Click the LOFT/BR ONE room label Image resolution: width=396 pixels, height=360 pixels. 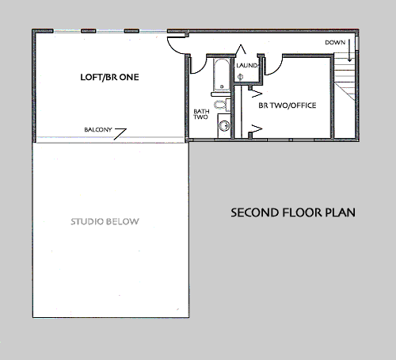point(109,77)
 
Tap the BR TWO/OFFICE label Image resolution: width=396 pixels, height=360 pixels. point(287,105)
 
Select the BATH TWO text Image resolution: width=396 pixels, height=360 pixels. point(201,114)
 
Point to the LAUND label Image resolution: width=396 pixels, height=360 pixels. point(247,65)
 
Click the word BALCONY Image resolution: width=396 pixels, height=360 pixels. point(98,130)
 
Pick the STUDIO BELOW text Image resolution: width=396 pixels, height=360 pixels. point(105,221)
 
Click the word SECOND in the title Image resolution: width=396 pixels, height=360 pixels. point(255,213)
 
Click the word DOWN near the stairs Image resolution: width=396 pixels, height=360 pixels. point(335,43)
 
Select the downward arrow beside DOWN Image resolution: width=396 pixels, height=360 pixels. point(349,51)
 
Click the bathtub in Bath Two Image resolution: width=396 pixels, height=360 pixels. point(222,75)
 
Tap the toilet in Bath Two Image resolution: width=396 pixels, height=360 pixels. point(219,105)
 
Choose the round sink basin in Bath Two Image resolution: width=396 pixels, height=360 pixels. point(224,126)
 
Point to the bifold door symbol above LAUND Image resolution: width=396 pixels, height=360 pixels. point(241,49)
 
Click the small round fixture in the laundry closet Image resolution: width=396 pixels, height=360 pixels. point(240,77)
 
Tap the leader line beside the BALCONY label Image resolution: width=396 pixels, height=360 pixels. point(120,134)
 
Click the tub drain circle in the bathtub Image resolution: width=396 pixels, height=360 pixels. point(222,86)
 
